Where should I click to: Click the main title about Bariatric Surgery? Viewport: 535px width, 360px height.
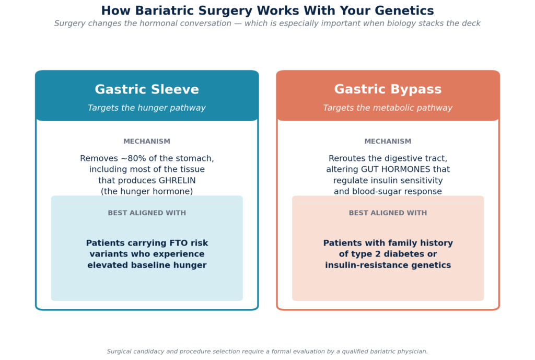267,11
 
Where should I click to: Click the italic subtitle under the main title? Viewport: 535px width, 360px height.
267,24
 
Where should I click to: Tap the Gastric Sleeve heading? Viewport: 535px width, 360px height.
147,90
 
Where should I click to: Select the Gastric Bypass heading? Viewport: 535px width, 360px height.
388,90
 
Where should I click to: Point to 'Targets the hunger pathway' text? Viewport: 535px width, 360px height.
147,108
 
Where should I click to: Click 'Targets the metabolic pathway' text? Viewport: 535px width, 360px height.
388,108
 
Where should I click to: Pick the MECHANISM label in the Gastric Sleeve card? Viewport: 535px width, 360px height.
147,142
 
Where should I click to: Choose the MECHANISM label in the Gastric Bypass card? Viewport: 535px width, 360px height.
388,142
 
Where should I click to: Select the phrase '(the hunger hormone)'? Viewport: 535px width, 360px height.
147,191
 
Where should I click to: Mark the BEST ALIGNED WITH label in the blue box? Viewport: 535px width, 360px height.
147,213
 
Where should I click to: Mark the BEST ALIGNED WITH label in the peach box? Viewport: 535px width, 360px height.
388,213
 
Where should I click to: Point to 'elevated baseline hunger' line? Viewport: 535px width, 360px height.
147,265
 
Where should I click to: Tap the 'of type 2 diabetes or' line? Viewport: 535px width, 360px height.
388,254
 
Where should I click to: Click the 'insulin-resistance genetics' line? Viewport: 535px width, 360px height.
388,265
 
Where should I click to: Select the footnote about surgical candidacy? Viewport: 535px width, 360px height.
267,352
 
